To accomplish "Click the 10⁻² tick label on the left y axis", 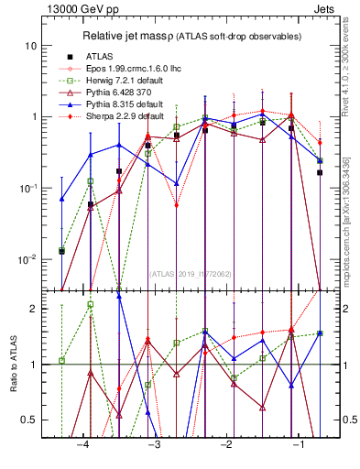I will (x=27, y=259).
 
